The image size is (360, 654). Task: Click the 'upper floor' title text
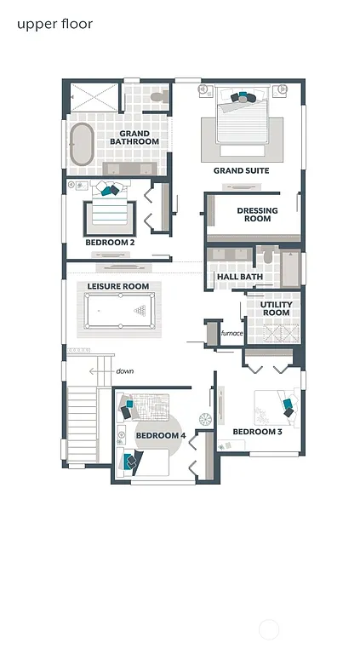pos(54,24)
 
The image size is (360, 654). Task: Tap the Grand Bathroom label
pos(134,138)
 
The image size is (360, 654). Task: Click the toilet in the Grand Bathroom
pos(157,97)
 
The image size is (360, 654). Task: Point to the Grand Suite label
pos(241,171)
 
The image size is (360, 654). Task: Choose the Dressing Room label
pos(254,215)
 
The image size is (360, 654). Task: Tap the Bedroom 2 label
pos(110,243)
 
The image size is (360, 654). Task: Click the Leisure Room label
pos(118,287)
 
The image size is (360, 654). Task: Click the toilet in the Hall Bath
pos(267,255)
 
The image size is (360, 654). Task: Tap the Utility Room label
pos(276,308)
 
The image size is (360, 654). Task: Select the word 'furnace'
pos(232,333)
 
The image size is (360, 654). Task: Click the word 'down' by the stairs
pos(125,371)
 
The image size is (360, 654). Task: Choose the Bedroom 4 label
pos(160,436)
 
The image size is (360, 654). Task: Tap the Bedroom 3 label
pos(257,432)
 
